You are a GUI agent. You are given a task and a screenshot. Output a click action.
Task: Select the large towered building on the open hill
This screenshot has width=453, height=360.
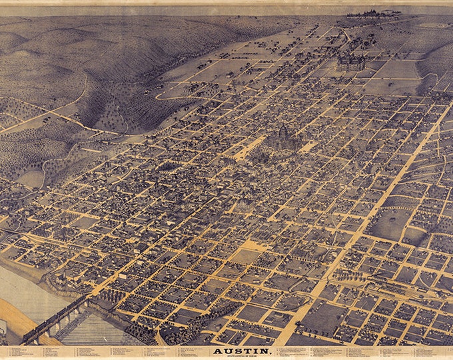[x=352, y=61]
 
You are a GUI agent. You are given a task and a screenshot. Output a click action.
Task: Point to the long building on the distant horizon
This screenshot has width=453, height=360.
[x=373, y=13]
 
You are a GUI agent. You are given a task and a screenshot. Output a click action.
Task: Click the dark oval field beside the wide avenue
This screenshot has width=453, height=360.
[x=389, y=223]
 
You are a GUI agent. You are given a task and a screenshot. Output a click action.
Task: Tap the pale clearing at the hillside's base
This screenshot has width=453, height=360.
[x=30, y=178]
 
